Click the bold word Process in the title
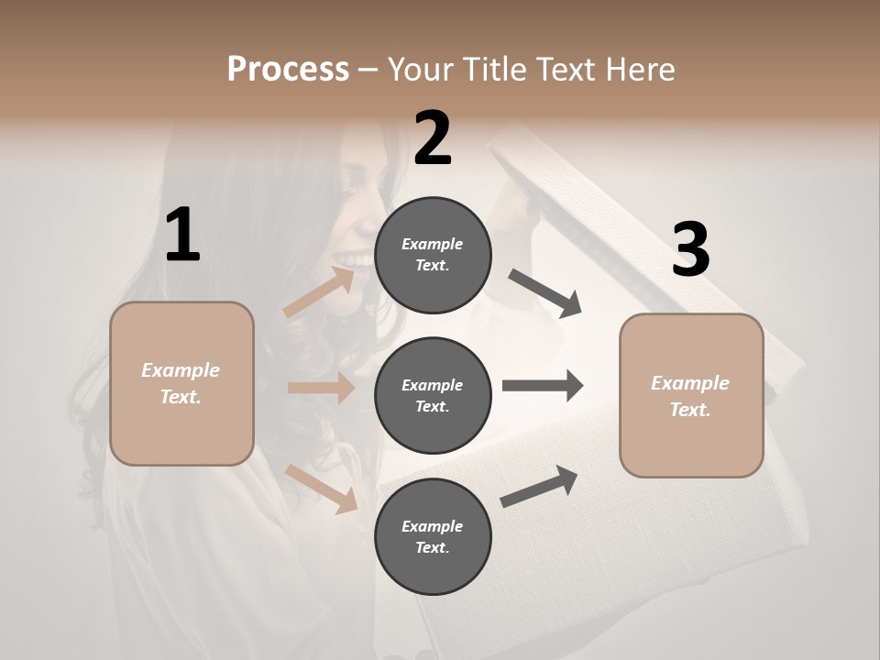(288, 69)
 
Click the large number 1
(182, 236)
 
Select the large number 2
(433, 138)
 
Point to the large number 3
(690, 249)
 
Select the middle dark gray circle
(433, 395)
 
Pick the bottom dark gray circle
(433, 536)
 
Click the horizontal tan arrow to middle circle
(321, 388)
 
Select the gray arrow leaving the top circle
(545, 293)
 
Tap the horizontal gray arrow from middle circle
(543, 385)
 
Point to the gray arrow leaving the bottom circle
(539, 486)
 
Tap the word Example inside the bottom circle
(432, 526)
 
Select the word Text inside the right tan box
(689, 410)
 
